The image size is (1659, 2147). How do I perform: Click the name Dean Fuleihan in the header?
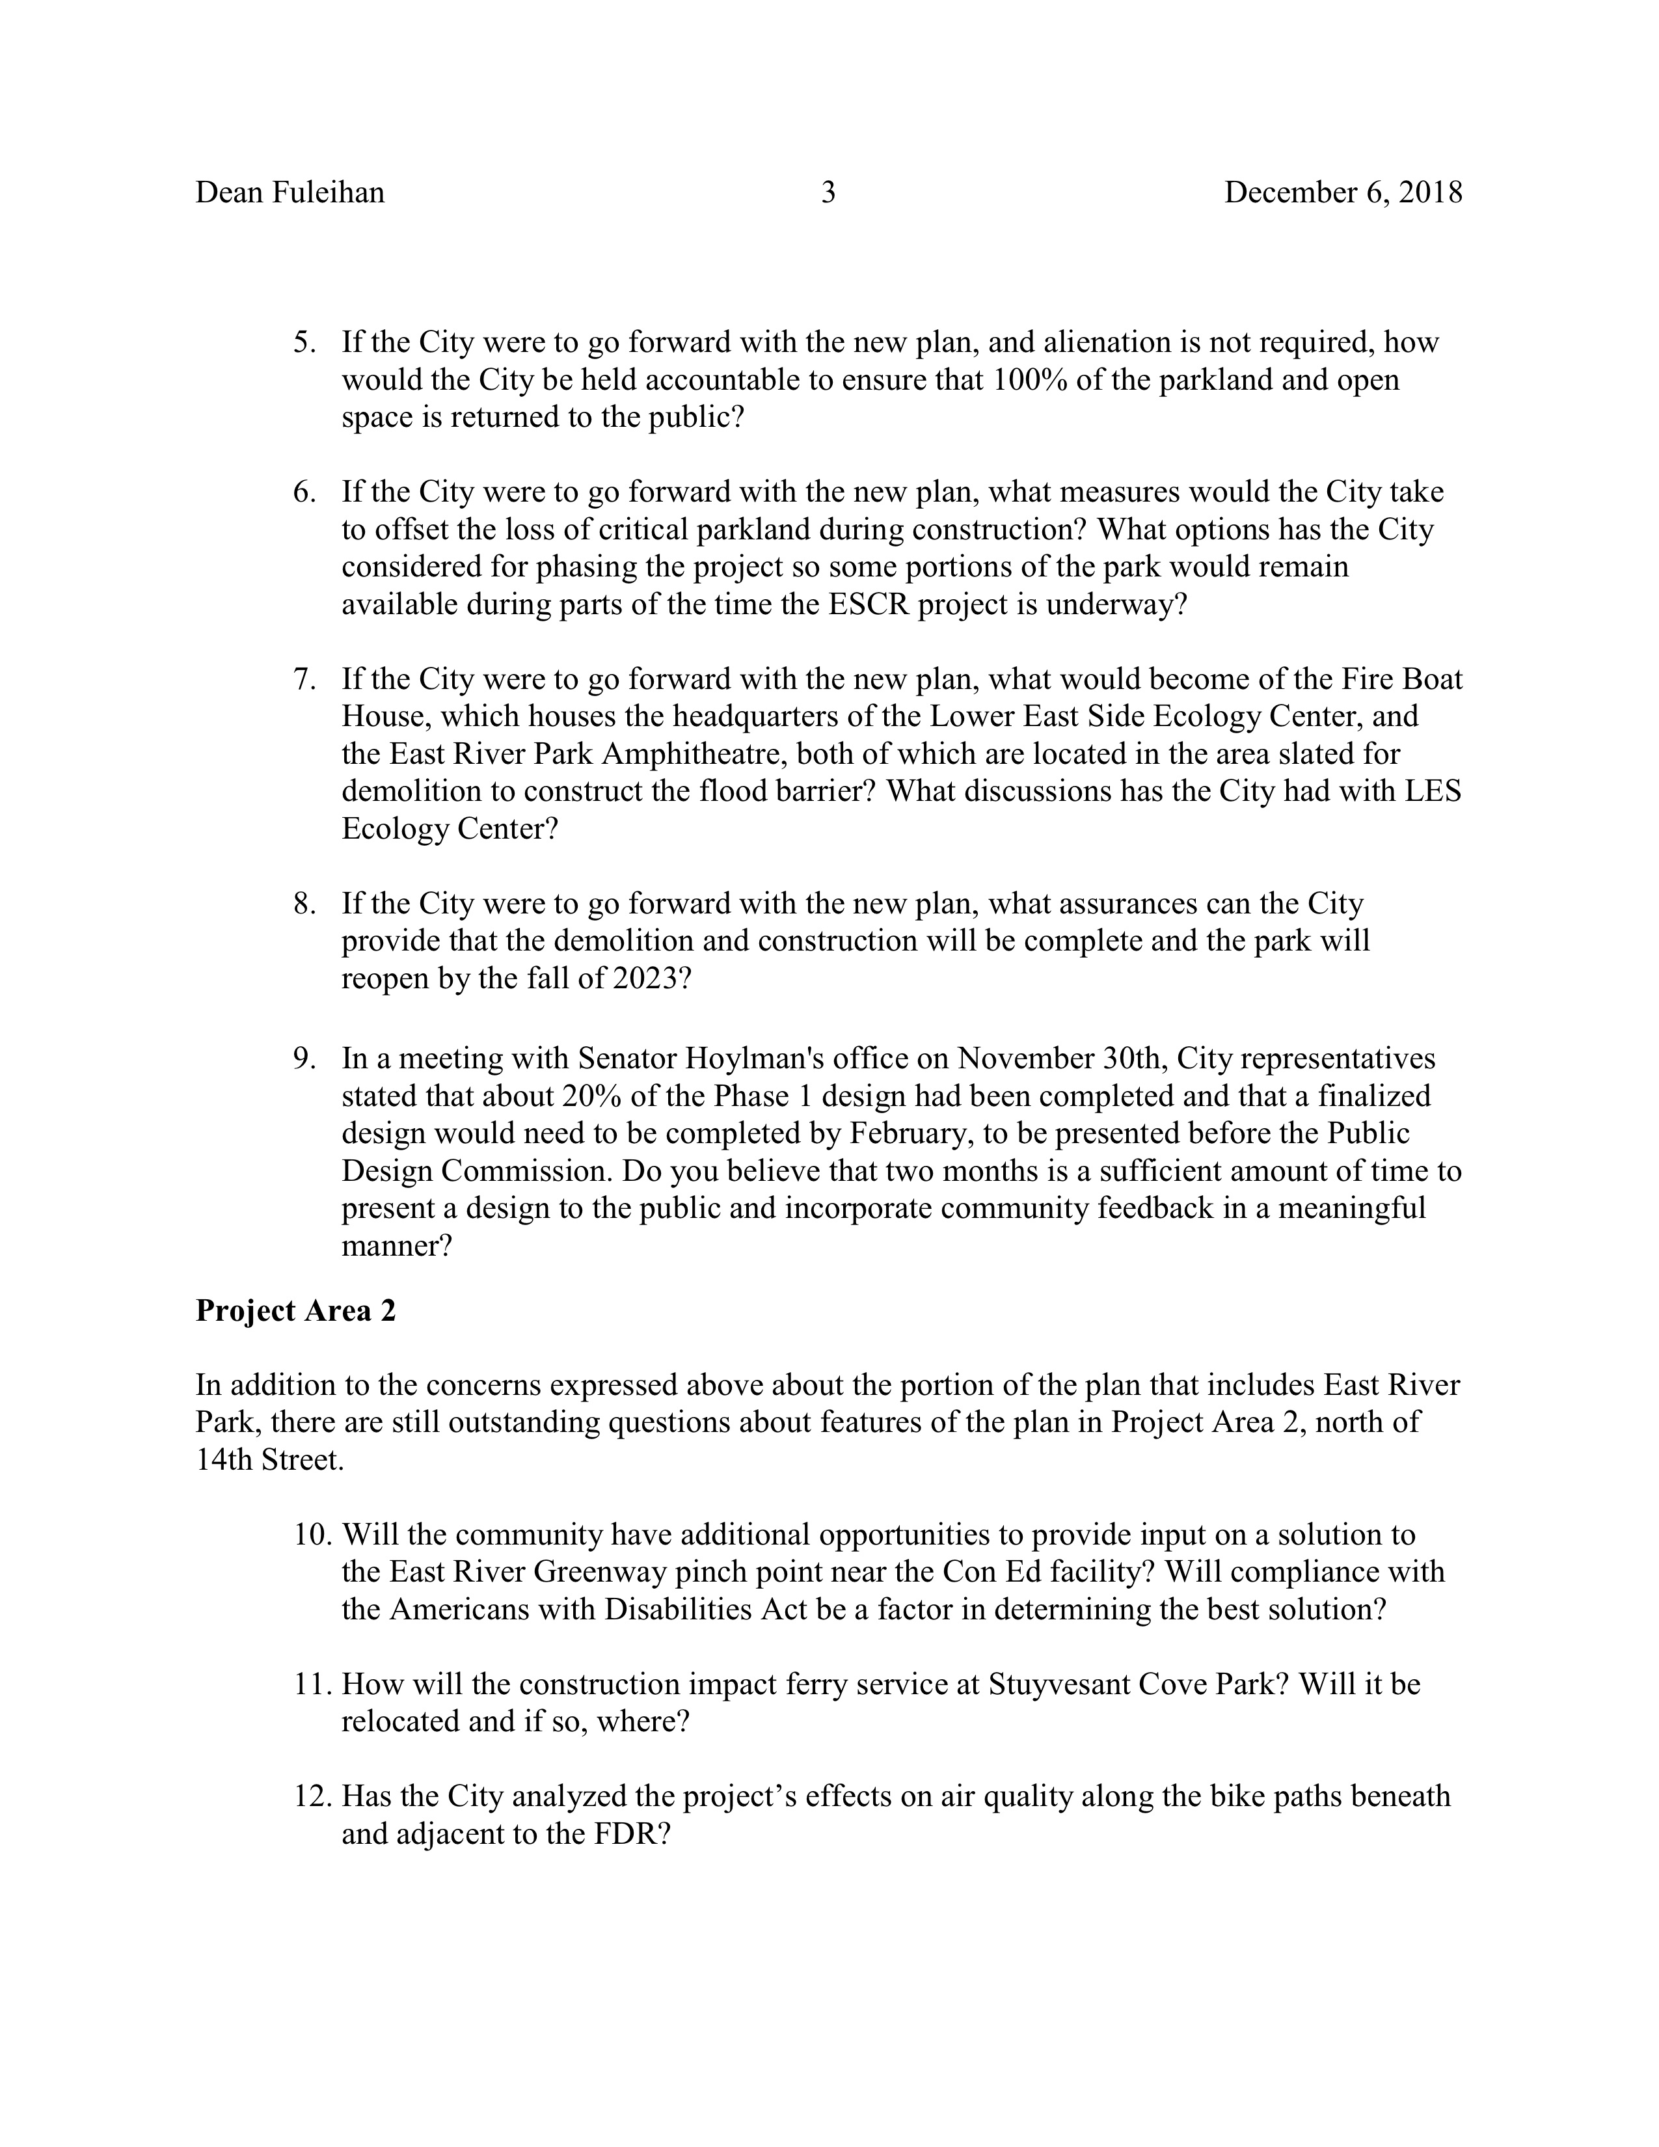point(290,193)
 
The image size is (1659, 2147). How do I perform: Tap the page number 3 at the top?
point(828,193)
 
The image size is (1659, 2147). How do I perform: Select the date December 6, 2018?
point(1343,193)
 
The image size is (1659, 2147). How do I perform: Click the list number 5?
point(304,343)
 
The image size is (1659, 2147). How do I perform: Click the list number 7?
point(304,679)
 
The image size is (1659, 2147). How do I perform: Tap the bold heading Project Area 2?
point(296,1310)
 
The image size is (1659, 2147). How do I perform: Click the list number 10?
point(312,1535)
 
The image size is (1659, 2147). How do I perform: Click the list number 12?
point(312,1796)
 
